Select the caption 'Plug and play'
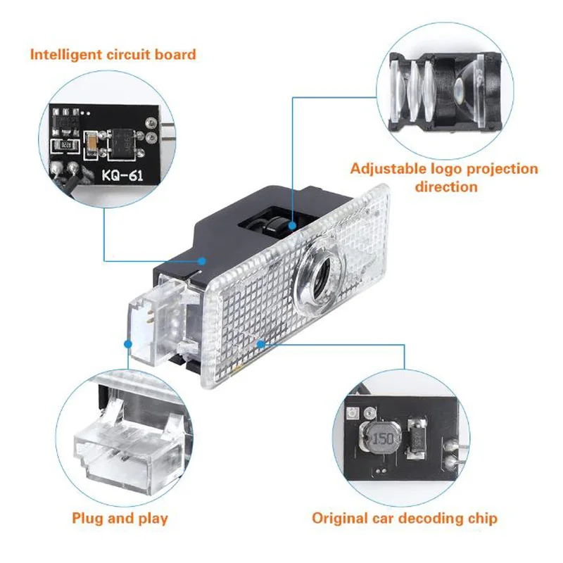[x=120, y=519]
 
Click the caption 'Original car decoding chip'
[x=405, y=519]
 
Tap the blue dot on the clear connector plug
[x=128, y=344]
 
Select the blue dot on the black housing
[x=202, y=261]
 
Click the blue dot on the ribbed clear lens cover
[x=261, y=344]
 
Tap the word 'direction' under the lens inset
[x=445, y=186]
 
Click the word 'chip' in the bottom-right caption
[x=482, y=519]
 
